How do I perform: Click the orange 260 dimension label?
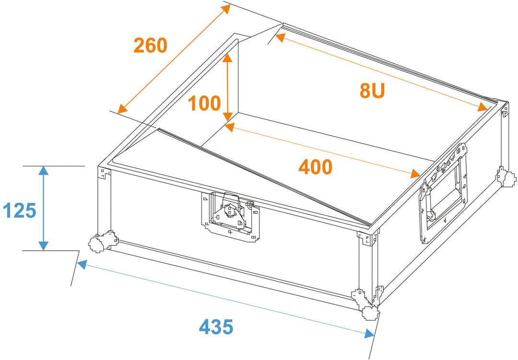(x=150, y=45)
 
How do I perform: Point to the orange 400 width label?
(x=316, y=167)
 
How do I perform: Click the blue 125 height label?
(x=20, y=210)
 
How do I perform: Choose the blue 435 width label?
(x=216, y=326)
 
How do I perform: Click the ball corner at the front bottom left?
(x=103, y=241)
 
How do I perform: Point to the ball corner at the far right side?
(x=506, y=177)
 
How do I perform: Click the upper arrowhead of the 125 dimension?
(x=43, y=171)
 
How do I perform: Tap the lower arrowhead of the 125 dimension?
(x=43, y=246)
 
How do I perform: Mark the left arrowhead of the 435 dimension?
(x=82, y=264)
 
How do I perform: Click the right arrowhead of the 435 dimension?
(x=369, y=334)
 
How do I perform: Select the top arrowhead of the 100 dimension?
(x=227, y=58)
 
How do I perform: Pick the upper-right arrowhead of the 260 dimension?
(x=225, y=9)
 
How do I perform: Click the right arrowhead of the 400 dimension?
(x=415, y=173)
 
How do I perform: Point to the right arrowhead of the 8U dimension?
(x=483, y=107)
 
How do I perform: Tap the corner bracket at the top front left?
(x=105, y=173)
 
